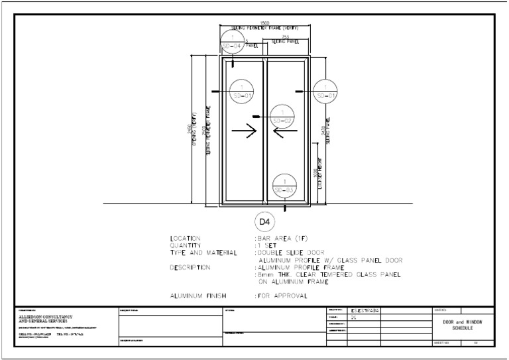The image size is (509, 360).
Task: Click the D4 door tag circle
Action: tap(264, 219)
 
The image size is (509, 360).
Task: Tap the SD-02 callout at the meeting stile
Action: tap(282, 117)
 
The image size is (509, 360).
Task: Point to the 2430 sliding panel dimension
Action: tap(323, 132)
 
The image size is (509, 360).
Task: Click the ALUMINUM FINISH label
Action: tap(198, 296)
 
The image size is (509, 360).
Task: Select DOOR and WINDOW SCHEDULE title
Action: tap(463, 325)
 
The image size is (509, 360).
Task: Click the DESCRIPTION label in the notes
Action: tap(190, 267)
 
